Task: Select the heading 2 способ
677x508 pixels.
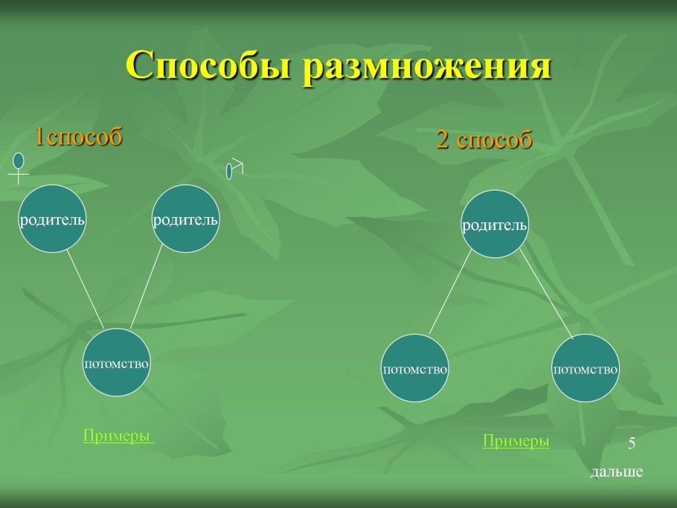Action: pos(484,140)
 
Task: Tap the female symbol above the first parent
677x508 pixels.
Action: pos(19,167)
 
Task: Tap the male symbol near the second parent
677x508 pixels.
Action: pos(234,168)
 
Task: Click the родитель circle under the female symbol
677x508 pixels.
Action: pos(52,219)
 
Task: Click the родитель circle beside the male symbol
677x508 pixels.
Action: pos(185,219)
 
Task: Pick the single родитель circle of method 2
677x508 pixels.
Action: pos(495,224)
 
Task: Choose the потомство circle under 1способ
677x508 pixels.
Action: pos(117,362)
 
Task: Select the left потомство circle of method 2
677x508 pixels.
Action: pos(414,368)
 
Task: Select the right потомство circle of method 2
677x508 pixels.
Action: pos(585,368)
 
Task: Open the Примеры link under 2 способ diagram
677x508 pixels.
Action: pos(516,441)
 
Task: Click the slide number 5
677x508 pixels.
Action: pos(632,444)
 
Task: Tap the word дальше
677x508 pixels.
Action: pos(616,472)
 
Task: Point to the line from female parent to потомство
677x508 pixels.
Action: pos(85,289)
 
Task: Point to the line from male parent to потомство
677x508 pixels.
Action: pos(147,286)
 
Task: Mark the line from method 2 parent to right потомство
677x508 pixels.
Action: pos(546,294)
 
